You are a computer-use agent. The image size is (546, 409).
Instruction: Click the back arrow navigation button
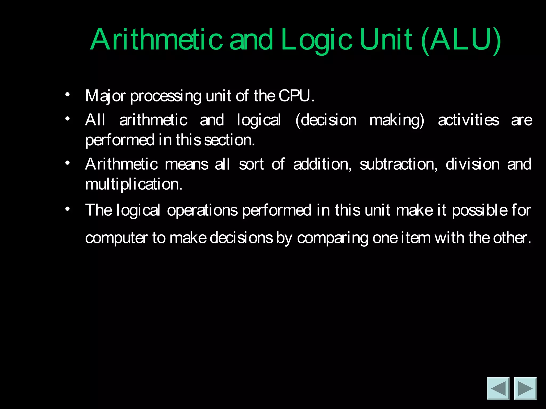pyautogui.click(x=498, y=388)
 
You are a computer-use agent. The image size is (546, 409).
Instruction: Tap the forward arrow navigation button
pyautogui.click(x=525, y=388)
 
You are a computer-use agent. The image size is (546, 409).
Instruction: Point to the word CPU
pyautogui.click(x=296, y=96)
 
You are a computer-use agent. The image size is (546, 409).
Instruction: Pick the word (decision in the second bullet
pyautogui.click(x=326, y=120)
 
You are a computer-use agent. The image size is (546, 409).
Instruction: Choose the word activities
pyautogui.click(x=468, y=120)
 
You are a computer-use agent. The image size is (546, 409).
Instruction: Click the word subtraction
pyautogui.click(x=398, y=164)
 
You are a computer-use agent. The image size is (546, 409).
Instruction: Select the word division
pyautogui.click(x=472, y=164)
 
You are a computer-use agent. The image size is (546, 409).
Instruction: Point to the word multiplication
pyautogui.click(x=134, y=184)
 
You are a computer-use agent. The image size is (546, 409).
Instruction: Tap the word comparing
pyautogui.click(x=332, y=238)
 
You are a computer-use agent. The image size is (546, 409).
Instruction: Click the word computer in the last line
pyautogui.click(x=116, y=238)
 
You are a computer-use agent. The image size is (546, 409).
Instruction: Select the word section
pyautogui.click(x=229, y=140)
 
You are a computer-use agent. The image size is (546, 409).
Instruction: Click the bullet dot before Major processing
pyautogui.click(x=67, y=95)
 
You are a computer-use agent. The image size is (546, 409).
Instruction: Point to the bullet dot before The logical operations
pyautogui.click(x=67, y=209)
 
